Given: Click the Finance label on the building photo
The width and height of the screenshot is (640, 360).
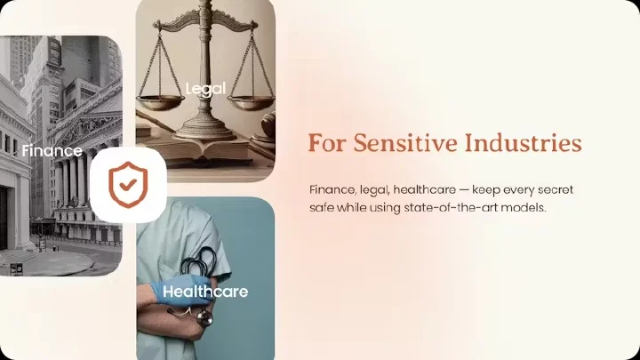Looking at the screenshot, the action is click(52, 150).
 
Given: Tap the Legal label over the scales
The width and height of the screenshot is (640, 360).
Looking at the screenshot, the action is click(205, 89).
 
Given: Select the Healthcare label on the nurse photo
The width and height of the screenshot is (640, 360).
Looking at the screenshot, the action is click(205, 292).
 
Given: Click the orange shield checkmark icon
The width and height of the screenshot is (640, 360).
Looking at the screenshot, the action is click(128, 185).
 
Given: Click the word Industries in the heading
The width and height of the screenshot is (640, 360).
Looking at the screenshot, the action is click(524, 143).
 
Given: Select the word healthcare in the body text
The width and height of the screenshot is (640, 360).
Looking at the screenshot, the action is click(425, 190).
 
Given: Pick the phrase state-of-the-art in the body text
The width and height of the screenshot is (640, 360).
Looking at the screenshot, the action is click(450, 208).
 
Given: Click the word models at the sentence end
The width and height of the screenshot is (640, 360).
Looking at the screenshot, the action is click(524, 208).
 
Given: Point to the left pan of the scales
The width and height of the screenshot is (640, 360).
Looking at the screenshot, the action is click(160, 101).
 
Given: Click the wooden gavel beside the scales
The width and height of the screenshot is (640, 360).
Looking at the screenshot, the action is click(267, 126).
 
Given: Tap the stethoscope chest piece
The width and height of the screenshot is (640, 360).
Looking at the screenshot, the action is click(204, 317).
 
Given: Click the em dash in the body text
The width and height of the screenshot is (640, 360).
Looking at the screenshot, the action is click(464, 190).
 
